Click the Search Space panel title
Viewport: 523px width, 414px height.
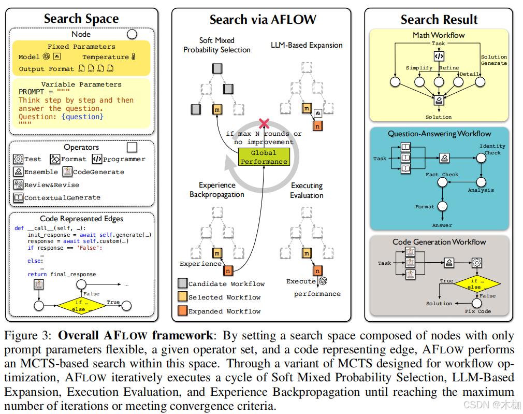81,19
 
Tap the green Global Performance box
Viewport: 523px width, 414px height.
264,157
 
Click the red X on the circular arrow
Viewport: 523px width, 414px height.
265,123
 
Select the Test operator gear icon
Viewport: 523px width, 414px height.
18,159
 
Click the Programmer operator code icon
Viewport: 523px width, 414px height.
97,159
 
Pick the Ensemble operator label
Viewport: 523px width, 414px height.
41,172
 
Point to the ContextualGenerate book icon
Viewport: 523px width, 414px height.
18,197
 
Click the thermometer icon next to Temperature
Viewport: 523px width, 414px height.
133,57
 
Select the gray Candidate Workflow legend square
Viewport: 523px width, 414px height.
182,283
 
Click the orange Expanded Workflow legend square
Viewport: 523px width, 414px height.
182,311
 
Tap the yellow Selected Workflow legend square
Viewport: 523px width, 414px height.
182,297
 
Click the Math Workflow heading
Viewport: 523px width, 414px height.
439,35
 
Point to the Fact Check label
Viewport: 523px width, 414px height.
442,175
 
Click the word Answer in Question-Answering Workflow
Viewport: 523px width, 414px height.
442,225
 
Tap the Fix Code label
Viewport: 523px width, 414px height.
477,311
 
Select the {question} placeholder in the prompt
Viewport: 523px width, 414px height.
82,117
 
